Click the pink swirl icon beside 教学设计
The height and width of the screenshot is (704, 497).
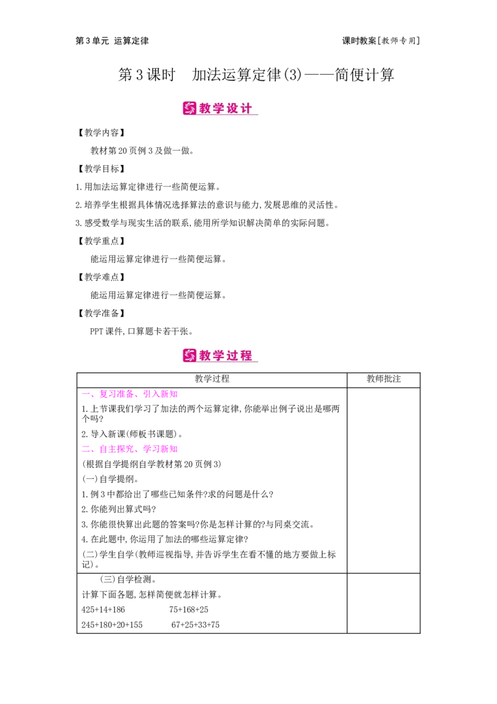coord(189,108)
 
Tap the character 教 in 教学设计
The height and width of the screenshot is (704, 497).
coord(206,108)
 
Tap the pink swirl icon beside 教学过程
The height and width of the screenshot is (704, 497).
coord(189,355)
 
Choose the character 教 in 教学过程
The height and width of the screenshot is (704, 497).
coord(206,356)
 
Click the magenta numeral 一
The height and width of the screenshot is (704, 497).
coord(86,394)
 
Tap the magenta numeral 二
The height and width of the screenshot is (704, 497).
coord(86,448)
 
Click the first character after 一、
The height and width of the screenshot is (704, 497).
coord(104,393)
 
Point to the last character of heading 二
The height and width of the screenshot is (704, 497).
coord(174,448)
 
